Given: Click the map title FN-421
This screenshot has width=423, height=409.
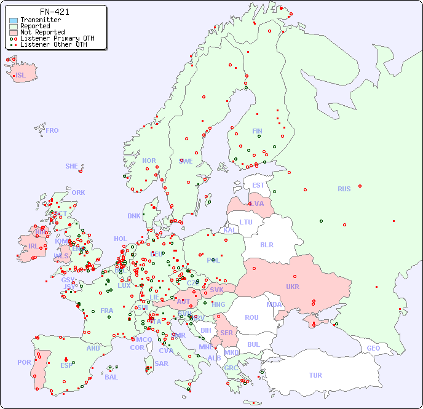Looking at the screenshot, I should coord(54,12).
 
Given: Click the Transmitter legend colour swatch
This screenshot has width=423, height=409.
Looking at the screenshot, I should coord(14,20).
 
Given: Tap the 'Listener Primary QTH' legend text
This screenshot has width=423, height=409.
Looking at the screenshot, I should coord(57,38).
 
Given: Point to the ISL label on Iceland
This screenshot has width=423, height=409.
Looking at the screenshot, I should coord(20,76).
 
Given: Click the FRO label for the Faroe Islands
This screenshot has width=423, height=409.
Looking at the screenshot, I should coord(52,130).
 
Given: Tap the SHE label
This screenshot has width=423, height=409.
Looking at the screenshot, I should coord(71,166).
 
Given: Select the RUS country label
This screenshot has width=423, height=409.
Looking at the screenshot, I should coord(344,189).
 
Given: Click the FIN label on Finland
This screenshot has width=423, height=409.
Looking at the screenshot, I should coord(257,131).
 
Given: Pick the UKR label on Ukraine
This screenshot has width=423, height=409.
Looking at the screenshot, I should coord(293,287).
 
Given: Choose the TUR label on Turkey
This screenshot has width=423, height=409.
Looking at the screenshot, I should coord(315,375).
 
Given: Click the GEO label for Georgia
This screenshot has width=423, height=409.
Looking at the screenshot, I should coord(373,348).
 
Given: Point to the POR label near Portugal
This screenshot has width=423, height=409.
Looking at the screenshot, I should coord(24,362).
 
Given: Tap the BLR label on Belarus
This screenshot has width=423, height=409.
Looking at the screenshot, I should coord(267,244).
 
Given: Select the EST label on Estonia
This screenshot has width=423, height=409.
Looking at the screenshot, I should coord(258,185).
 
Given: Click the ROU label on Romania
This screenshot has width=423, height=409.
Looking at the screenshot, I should coord(251,317).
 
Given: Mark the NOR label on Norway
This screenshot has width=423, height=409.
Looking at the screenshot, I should coord(149,161).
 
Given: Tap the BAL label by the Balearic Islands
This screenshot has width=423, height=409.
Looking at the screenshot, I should coord(111,376).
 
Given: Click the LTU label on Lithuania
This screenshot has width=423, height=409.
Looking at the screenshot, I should coord(246,222).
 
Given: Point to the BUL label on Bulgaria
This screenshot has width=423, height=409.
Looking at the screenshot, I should coord(253,344).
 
